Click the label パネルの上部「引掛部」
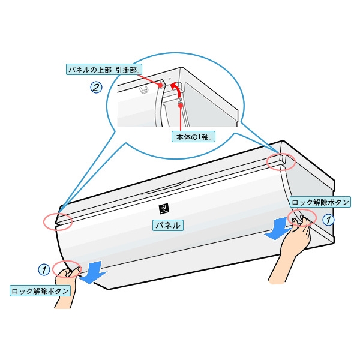point(104,70)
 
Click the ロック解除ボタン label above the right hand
point(319,202)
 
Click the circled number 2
point(96,87)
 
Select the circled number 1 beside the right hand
point(328,220)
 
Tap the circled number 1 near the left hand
point(44,269)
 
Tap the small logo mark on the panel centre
point(163,208)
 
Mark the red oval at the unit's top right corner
point(281,161)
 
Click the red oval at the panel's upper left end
point(57,221)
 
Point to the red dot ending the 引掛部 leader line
point(161,86)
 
